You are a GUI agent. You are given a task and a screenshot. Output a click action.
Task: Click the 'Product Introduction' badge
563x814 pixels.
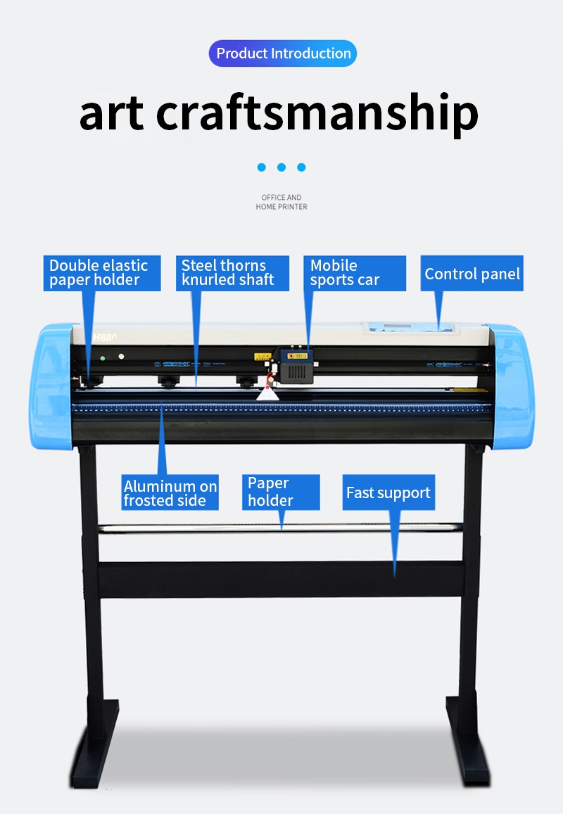283,53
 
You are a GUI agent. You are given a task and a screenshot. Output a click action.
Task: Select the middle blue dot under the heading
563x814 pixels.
281,167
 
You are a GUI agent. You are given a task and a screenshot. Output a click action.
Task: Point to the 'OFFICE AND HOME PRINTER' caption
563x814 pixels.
281,202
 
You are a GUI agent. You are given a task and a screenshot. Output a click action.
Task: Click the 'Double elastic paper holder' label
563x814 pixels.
99,273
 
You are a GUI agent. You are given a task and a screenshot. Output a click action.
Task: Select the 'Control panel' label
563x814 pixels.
472,274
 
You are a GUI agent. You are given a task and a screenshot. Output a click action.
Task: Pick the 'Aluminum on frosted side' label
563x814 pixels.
170,493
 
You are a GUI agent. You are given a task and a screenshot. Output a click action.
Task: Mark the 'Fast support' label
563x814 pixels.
388,492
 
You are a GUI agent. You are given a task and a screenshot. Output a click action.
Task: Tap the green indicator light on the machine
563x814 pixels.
103,357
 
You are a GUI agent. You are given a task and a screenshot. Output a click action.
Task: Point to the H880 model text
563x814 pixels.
104,338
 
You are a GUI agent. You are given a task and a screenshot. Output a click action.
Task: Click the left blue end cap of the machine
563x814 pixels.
51,387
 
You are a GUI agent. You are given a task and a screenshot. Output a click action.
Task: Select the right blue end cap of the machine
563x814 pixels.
512,387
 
